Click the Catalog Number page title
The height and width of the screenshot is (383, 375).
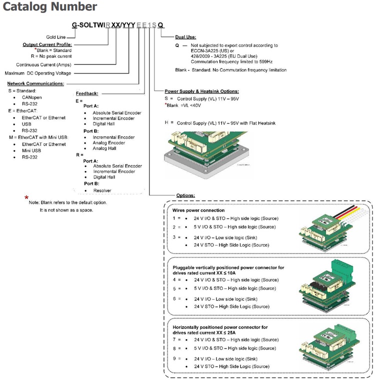point(49,7)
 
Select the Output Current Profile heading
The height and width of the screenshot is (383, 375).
point(47,44)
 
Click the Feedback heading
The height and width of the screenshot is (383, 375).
point(87,93)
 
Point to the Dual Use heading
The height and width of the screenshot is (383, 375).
point(185,37)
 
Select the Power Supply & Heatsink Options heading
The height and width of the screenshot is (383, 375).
point(201,91)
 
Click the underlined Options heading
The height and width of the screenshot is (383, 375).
point(185,194)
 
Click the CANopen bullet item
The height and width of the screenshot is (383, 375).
point(31,97)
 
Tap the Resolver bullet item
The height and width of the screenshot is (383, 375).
point(102,190)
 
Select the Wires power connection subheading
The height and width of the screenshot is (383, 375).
point(198,210)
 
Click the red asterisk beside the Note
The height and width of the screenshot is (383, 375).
point(26,198)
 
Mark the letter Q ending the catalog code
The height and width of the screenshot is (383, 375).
point(160,25)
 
